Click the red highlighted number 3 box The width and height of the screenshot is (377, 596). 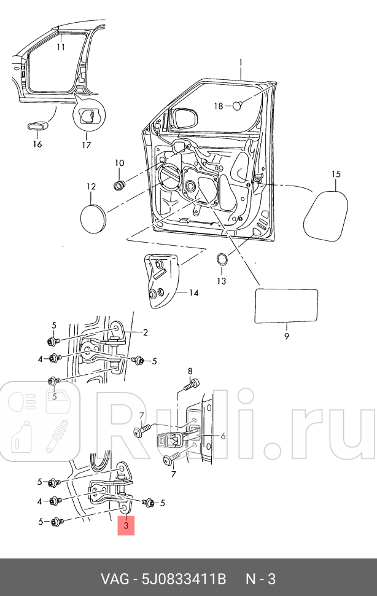126,526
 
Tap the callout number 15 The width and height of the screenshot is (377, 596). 336,174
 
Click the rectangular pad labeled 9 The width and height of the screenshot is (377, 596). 286,306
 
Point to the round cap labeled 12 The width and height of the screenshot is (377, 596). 93,218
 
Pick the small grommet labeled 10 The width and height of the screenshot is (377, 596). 120,184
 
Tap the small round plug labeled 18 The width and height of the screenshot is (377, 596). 239,106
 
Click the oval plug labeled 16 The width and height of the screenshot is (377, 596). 36,126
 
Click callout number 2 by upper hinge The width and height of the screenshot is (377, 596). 146,333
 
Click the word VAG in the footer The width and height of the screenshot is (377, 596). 114,579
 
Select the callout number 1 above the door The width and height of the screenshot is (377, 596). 241,63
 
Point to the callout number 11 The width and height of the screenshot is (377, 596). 61,47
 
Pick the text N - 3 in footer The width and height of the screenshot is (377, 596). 261,579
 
